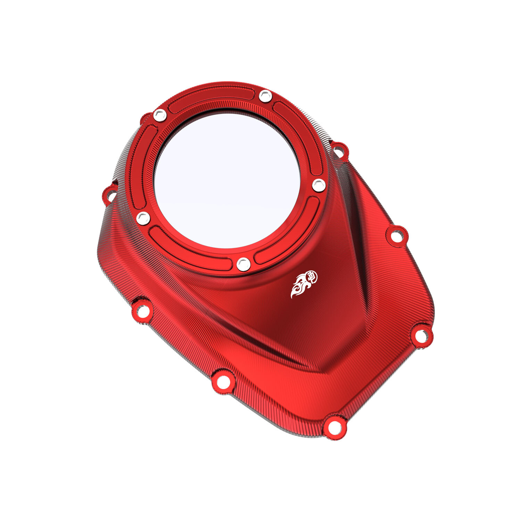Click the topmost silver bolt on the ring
tap(265, 96)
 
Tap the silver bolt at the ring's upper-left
tap(160, 115)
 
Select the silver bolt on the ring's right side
tap(319, 185)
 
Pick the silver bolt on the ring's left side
tap(143, 218)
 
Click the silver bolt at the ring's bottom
tap(243, 264)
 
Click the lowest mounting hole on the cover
tap(334, 427)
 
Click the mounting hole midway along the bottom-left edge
tap(223, 382)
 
